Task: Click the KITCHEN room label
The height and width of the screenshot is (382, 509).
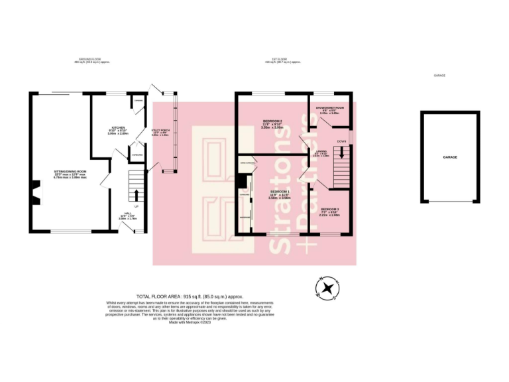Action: click(x=119, y=127)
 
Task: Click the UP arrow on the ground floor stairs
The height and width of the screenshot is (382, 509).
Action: click(x=137, y=195)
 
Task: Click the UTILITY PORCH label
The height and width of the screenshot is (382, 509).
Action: click(x=160, y=131)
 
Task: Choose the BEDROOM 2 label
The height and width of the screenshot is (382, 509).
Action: click(x=263, y=121)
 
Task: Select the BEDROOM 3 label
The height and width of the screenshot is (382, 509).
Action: click(x=329, y=210)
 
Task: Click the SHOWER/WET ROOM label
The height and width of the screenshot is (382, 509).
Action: click(x=329, y=107)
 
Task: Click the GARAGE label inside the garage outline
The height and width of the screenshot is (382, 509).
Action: click(x=451, y=157)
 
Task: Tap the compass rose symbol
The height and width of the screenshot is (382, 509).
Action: click(x=326, y=288)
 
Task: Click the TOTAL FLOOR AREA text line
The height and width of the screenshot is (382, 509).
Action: click(x=190, y=296)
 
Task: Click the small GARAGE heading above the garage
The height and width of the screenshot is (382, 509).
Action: click(x=439, y=76)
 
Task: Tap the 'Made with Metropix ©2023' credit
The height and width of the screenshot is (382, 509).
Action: click(x=190, y=322)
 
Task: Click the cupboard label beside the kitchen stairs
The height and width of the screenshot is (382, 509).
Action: click(x=137, y=155)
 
